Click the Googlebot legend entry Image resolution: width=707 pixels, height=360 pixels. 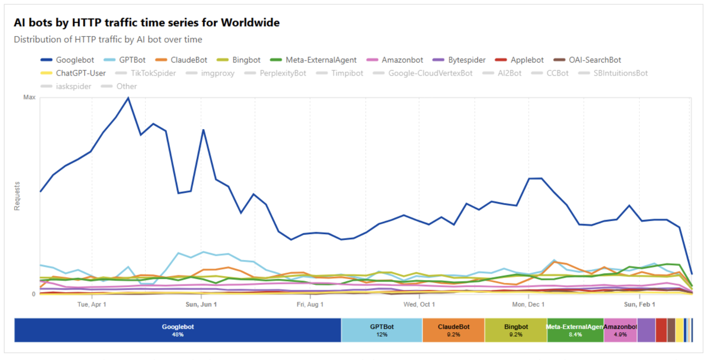pyautogui.click(x=68, y=60)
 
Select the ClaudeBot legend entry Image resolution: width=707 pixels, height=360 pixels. pyautogui.click(x=181, y=60)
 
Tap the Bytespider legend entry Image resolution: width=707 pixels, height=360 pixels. pyautogui.click(x=459, y=60)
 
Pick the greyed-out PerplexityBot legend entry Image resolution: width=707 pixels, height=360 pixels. pyautogui.click(x=275, y=73)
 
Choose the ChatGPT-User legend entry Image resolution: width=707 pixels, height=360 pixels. pyautogui.click(x=73, y=73)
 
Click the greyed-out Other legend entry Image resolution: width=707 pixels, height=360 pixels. pyautogui.click(x=119, y=86)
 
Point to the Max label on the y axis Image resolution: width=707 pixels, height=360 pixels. pyautogui.click(x=29, y=97)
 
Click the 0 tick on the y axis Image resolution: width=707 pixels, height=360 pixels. pyautogui.click(x=34, y=294)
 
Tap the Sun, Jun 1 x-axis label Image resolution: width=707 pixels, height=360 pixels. pyautogui.click(x=201, y=304)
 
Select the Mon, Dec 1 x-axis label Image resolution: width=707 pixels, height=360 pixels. pyautogui.click(x=528, y=304)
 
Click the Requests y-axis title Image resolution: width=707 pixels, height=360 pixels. pyautogui.click(x=17, y=196)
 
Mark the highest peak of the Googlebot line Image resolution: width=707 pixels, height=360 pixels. pyautogui.click(x=128, y=98)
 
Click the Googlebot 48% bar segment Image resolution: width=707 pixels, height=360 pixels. pyautogui.click(x=178, y=330)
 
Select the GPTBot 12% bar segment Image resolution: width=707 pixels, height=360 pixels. pyautogui.click(x=382, y=330)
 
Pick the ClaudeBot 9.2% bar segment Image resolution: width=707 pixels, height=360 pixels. pyautogui.click(x=454, y=330)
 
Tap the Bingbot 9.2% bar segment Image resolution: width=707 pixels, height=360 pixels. pyautogui.click(x=516, y=330)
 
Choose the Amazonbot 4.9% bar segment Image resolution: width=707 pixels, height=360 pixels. pyautogui.click(x=620, y=330)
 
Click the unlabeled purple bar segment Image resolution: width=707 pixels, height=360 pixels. pyautogui.click(x=646, y=330)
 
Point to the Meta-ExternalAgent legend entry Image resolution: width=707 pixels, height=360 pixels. pyautogui.click(x=314, y=60)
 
